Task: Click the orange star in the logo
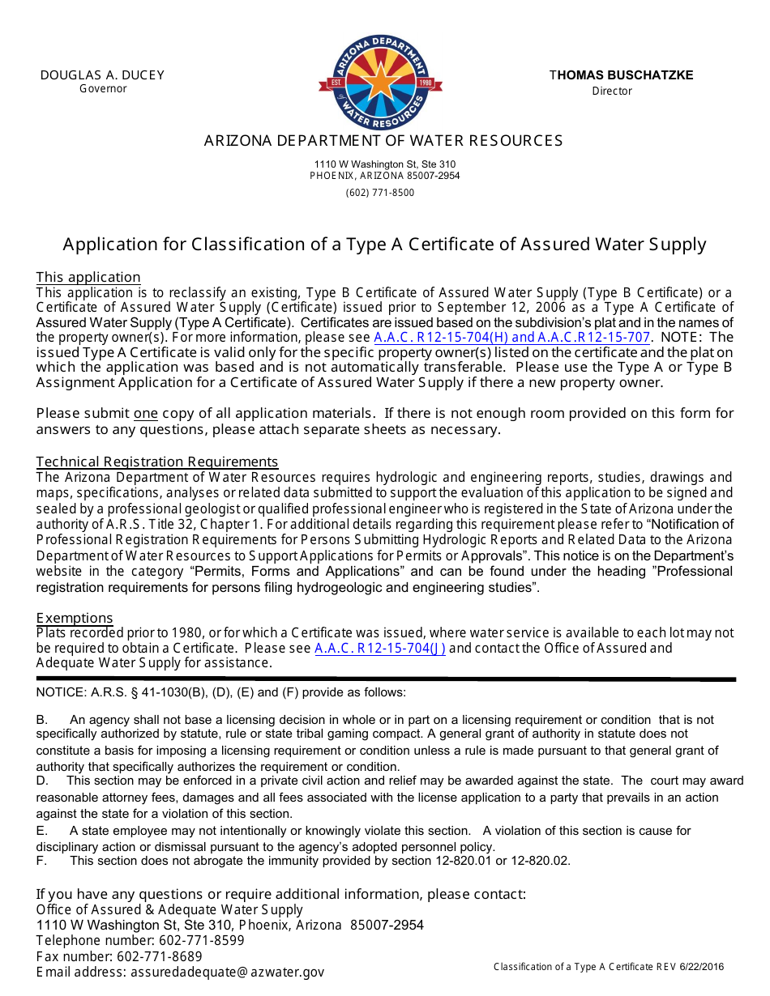380,80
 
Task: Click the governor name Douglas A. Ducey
102,75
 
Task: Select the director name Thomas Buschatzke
622,75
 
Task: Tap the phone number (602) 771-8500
379,193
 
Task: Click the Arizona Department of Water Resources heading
383,141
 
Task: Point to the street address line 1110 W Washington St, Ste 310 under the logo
385,164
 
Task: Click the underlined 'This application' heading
88,277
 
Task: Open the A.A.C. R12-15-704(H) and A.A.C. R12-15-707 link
512,338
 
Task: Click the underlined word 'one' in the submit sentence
146,414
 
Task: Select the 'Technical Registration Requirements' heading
157,462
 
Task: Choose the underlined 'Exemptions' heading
75,618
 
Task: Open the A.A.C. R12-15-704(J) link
380,648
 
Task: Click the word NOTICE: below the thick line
60,692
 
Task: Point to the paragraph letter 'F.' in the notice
42,861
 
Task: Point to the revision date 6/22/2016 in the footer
703,967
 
